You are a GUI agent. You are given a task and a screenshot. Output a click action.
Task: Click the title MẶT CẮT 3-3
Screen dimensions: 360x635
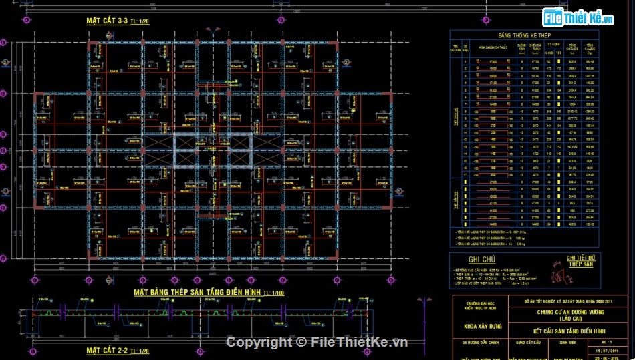[107, 21]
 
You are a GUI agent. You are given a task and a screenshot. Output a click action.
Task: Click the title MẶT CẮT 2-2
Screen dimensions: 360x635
[107, 350]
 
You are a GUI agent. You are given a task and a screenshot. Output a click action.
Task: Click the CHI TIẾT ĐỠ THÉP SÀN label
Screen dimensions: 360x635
[580, 260]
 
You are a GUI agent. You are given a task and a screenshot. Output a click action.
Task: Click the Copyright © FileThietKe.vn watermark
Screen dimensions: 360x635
[317, 342]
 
